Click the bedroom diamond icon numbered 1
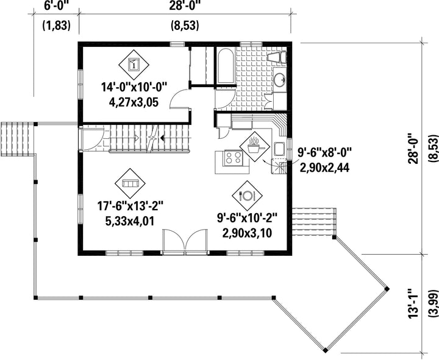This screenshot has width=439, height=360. [134, 65]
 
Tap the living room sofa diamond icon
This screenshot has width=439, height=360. [130, 183]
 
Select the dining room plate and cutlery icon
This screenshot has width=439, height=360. [247, 196]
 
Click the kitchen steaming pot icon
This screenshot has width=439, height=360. [255, 146]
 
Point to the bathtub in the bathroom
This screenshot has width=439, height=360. [226, 66]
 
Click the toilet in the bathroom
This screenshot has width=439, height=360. [277, 57]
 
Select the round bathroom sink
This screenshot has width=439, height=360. [279, 80]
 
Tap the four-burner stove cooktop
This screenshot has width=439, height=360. [234, 158]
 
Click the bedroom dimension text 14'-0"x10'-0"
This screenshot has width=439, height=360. [134, 87]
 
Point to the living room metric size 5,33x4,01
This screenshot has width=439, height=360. [130, 222]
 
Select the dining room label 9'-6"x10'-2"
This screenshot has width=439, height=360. [247, 218]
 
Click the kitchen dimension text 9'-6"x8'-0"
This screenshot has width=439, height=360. [324, 153]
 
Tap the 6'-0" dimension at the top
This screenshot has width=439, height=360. [56, 5]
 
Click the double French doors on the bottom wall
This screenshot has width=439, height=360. [185, 242]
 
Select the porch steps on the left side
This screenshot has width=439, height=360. [17, 139]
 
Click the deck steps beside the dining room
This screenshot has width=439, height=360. [313, 222]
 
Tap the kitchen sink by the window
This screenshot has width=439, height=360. [279, 149]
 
